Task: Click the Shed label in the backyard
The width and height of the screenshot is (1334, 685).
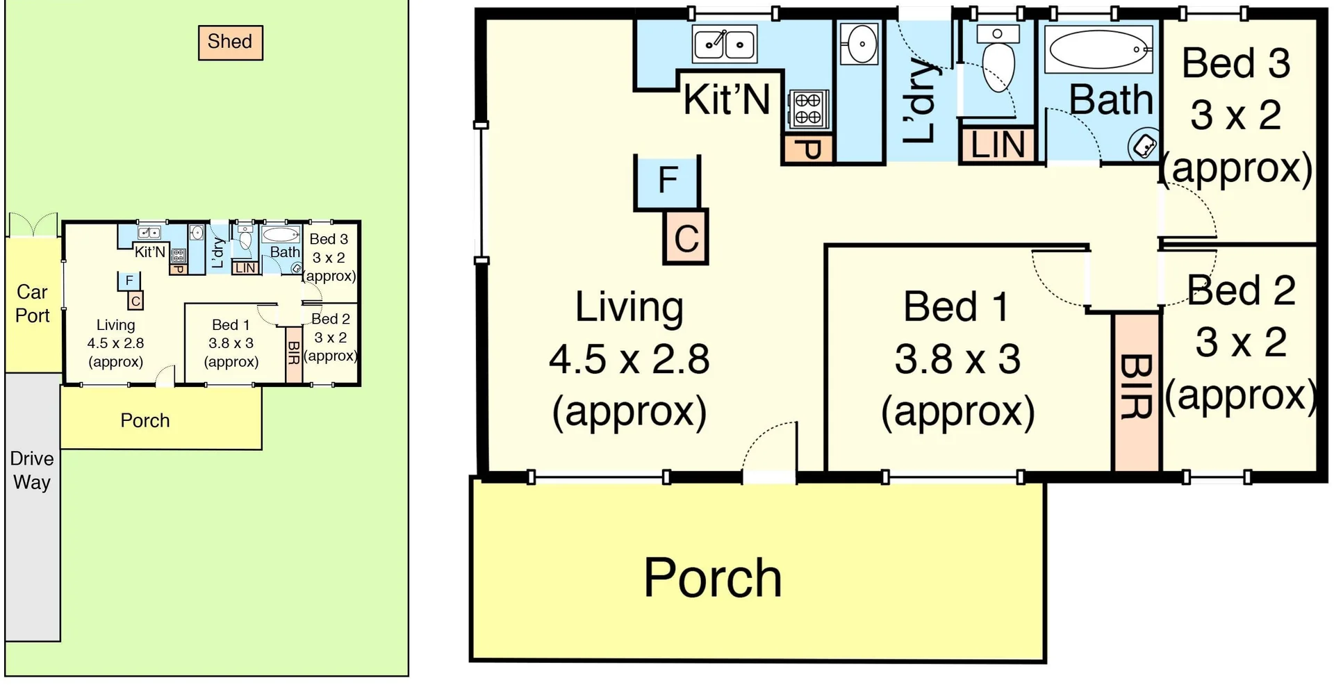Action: (x=230, y=42)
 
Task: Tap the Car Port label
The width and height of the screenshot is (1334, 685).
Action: (x=33, y=304)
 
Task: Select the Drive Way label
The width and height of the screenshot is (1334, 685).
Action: (x=32, y=470)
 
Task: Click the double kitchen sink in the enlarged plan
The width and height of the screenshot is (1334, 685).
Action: (x=725, y=44)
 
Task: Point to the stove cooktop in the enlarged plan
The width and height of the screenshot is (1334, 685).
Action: (x=808, y=109)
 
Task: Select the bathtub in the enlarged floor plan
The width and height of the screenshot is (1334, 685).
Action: (x=1099, y=49)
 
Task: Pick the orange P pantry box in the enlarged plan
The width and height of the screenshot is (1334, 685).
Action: (x=808, y=148)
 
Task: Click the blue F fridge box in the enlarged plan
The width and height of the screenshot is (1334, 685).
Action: (x=667, y=181)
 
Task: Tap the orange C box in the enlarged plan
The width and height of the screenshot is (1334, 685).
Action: (x=686, y=237)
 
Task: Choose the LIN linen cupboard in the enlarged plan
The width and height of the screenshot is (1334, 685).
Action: (x=998, y=145)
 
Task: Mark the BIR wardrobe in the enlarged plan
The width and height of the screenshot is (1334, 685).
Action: (x=1137, y=393)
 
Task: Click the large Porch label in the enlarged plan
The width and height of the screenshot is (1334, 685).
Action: (x=713, y=577)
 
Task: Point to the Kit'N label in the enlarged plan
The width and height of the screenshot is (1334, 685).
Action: (x=727, y=99)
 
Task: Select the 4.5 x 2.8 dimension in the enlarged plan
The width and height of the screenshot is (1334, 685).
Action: (x=629, y=359)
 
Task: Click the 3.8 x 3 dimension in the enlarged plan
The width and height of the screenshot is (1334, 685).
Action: (x=957, y=359)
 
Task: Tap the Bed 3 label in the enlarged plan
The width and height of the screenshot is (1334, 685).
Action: (x=1236, y=63)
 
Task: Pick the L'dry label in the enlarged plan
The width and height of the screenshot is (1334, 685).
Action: (x=921, y=101)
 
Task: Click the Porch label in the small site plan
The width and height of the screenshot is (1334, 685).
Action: (x=145, y=420)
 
